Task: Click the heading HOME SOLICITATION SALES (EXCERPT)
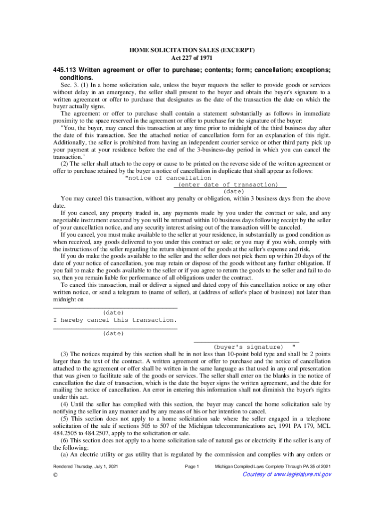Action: pos(192,50)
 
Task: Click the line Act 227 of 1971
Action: pos(192,58)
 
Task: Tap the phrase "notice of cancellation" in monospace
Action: pos(170,178)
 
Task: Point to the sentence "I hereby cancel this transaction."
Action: pos(115,320)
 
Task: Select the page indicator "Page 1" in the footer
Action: pos(192,466)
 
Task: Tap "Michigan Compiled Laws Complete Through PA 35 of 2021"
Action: pos(272,466)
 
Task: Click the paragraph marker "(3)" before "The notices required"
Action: pos(65,354)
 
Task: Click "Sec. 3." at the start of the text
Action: pos(70,85)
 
